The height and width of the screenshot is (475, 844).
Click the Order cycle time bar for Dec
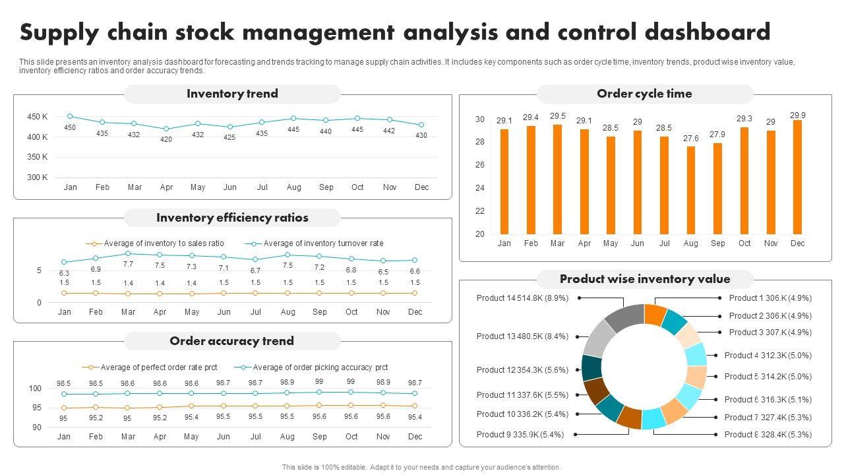pyautogui.click(x=797, y=177)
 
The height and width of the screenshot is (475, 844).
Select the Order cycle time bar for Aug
pyautogui.click(x=690, y=190)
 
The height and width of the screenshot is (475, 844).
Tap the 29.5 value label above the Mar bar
pyautogui.click(x=558, y=116)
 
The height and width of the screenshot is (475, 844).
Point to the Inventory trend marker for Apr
pyautogui.click(x=166, y=129)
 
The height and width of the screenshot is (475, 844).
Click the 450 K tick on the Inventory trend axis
pyautogui.click(x=38, y=117)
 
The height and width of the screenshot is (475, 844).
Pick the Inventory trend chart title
pyautogui.click(x=232, y=94)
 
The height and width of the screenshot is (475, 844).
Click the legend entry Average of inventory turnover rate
pyautogui.click(x=323, y=243)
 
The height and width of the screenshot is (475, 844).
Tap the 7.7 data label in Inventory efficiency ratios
pyautogui.click(x=128, y=265)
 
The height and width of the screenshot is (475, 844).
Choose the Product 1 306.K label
pyautogui.click(x=770, y=298)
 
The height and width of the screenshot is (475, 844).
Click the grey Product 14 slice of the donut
pyautogui.click(x=623, y=317)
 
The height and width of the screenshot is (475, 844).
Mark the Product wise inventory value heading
pyautogui.click(x=645, y=279)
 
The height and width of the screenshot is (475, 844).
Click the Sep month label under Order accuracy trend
pyautogui.click(x=319, y=436)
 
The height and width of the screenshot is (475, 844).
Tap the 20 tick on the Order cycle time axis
pyautogui.click(x=479, y=234)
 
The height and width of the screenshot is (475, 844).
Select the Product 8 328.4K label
pyautogui.click(x=768, y=435)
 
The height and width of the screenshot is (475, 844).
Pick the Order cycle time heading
pyautogui.click(x=644, y=94)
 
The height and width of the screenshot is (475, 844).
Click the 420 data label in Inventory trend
pyautogui.click(x=166, y=140)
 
